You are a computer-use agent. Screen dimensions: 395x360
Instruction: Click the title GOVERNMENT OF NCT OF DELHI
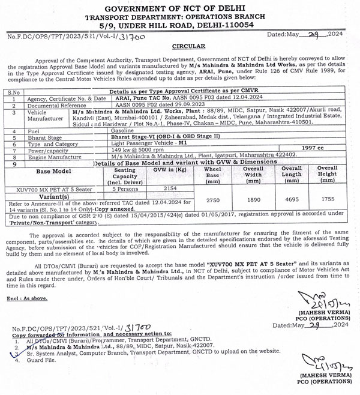pos(181,8)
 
